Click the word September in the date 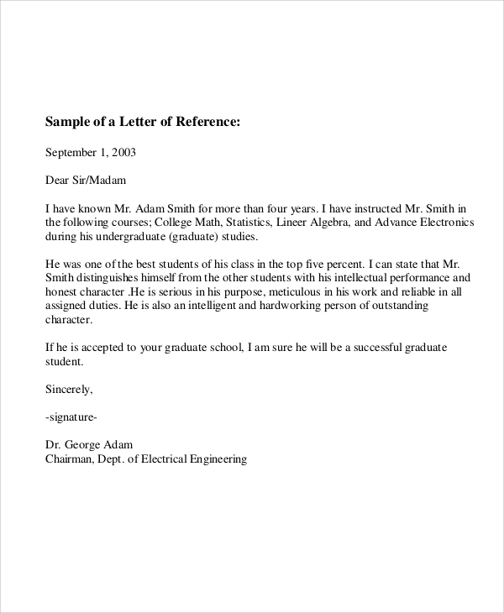click(71, 153)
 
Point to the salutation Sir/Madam click(102, 180)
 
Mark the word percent click(294, 263)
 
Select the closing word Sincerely click(69, 389)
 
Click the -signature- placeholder click(75, 417)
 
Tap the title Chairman click(71, 458)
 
